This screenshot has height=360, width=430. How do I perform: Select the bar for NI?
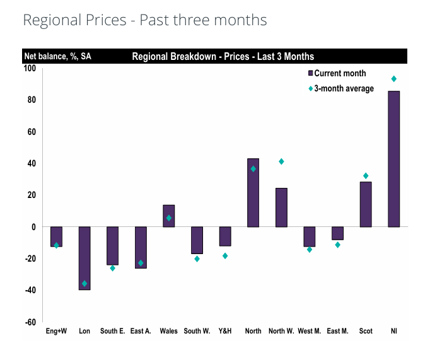point(393,159)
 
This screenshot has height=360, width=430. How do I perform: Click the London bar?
point(84,258)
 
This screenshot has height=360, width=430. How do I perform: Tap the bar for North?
point(253,192)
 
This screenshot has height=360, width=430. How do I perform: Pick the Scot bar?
point(366,204)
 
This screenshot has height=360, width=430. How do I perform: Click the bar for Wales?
point(168,216)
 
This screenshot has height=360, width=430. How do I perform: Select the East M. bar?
point(337,233)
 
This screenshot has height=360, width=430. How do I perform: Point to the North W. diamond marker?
point(281,161)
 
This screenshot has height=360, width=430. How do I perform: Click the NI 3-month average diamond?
point(393,79)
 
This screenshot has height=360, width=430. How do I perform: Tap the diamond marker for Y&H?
point(225,255)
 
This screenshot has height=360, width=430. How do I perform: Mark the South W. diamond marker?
point(197,258)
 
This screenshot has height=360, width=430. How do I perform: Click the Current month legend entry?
point(339,74)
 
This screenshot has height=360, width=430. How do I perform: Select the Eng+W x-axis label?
point(56,331)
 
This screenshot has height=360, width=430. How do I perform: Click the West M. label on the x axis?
point(309,331)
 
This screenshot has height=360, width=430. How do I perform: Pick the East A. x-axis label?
point(141,331)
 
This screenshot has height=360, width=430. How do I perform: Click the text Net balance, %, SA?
point(57,57)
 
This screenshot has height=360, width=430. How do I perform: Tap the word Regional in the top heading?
point(50,20)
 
